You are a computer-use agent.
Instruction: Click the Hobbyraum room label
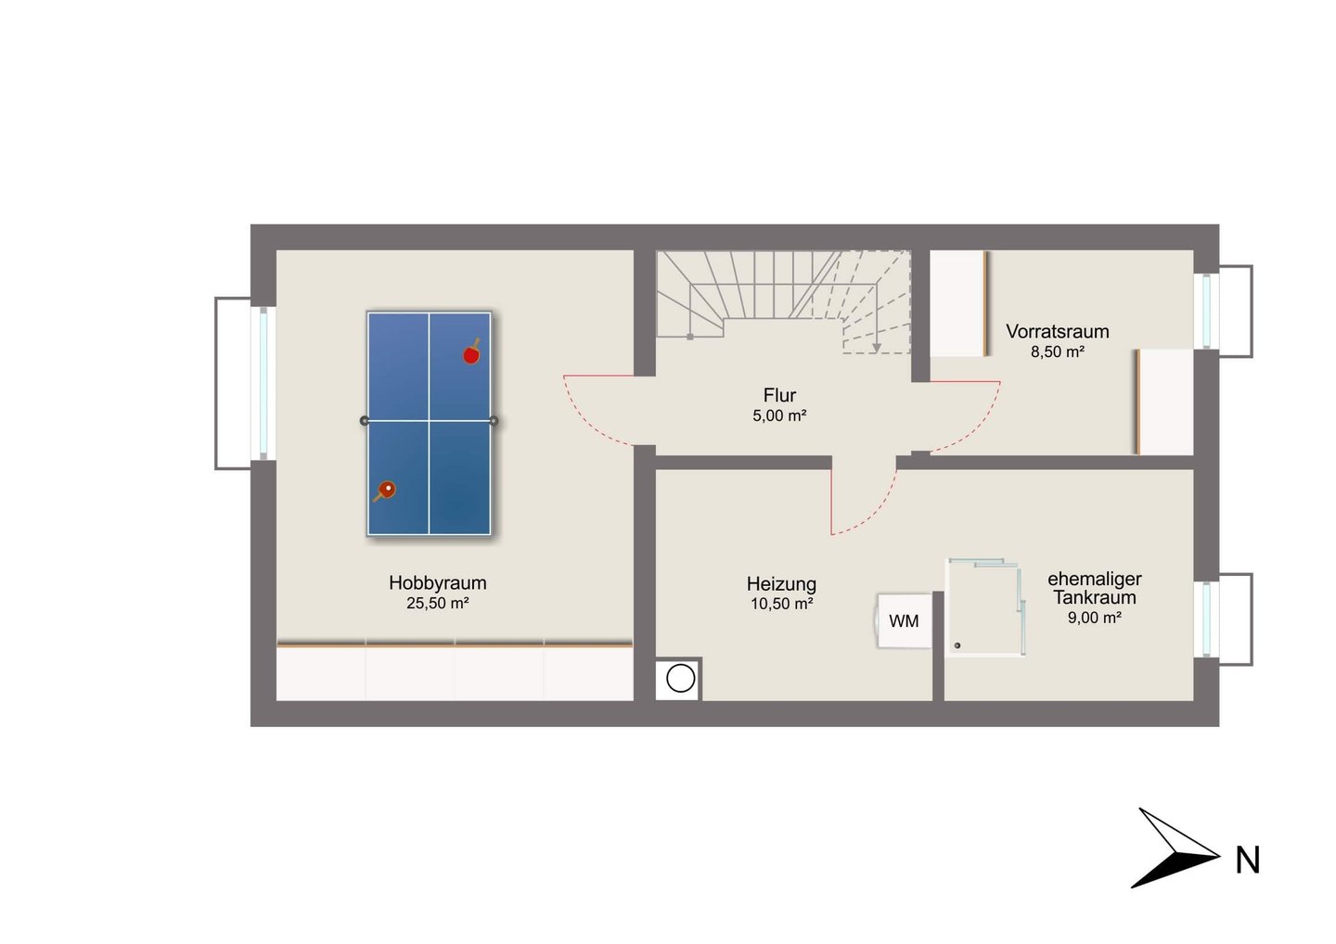point(438,583)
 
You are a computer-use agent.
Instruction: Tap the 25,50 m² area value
point(438,604)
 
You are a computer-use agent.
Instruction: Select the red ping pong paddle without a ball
point(471,352)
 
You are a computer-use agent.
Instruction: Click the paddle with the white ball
point(385,491)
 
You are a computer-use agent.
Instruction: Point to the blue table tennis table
point(429,424)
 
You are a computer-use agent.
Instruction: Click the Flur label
point(779,395)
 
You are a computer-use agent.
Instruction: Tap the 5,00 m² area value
point(779,415)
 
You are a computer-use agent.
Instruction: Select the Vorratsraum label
point(1058,331)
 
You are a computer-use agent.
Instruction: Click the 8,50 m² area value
point(1058,351)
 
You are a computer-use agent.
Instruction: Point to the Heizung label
point(781,583)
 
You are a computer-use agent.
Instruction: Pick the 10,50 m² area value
point(781,604)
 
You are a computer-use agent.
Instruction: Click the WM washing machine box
point(904,620)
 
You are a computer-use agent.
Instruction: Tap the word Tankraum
point(1095,597)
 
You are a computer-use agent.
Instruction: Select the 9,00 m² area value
point(1095,618)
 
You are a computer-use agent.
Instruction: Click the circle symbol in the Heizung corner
point(680,678)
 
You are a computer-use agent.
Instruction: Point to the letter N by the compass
point(1247,861)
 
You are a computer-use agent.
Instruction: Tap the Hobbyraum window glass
point(263,383)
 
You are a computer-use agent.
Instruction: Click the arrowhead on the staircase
point(876,347)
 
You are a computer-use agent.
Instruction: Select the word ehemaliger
point(1095,579)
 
